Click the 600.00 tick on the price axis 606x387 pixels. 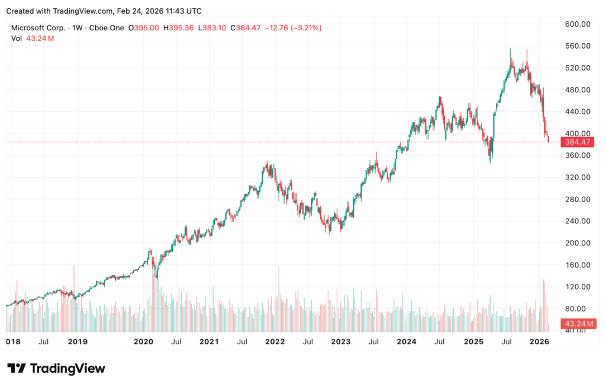click(x=578, y=24)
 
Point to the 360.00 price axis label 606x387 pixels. click(x=578, y=155)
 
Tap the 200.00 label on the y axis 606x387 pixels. click(x=578, y=243)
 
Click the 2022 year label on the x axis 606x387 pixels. click(x=275, y=342)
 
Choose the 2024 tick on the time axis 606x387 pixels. click(x=406, y=342)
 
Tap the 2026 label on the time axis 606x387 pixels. click(x=538, y=342)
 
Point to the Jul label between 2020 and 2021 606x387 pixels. click(x=176, y=342)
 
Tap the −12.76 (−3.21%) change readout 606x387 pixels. click(x=292, y=28)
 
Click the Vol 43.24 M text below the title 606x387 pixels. click(x=33, y=39)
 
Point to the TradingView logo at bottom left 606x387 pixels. click(x=56, y=369)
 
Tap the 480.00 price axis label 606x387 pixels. click(x=578, y=89)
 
